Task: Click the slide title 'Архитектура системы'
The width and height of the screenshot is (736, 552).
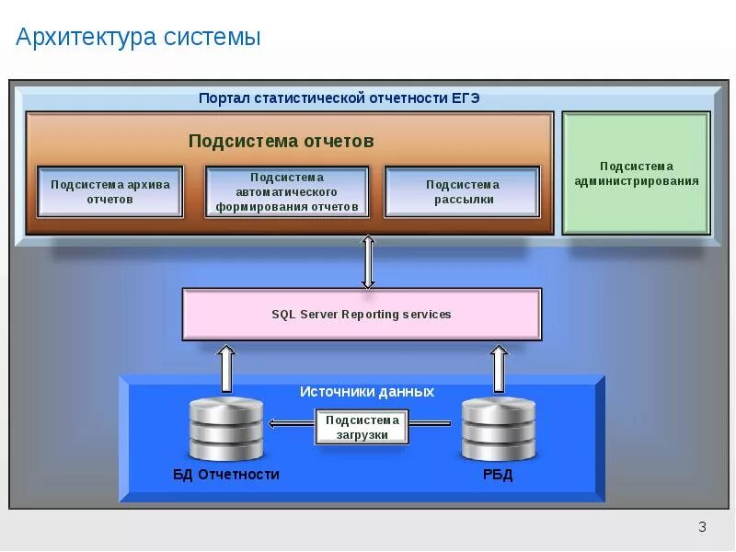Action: (x=138, y=38)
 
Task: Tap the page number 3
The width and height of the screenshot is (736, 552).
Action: (x=702, y=527)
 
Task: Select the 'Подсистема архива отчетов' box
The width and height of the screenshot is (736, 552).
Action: (x=110, y=191)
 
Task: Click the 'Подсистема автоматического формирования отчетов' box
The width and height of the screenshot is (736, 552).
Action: (x=287, y=191)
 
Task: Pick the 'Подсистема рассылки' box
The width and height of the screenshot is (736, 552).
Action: (x=462, y=191)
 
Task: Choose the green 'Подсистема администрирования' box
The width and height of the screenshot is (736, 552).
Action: (x=636, y=173)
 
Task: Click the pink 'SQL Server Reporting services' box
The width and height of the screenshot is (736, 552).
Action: (x=362, y=315)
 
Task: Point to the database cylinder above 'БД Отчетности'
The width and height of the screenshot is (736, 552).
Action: (x=225, y=429)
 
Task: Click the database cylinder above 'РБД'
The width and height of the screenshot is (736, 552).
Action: (x=498, y=429)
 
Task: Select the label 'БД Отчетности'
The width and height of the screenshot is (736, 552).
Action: (x=225, y=475)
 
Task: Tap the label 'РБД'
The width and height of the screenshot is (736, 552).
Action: (x=498, y=475)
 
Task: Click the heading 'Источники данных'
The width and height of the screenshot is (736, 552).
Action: (x=366, y=392)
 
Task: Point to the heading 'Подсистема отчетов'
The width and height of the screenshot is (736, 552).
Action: (x=281, y=141)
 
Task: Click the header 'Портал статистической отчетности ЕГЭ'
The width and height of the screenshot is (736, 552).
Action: (x=339, y=98)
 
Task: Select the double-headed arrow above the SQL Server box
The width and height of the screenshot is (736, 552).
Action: (x=368, y=262)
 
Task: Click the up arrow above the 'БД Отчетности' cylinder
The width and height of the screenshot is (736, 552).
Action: (x=225, y=367)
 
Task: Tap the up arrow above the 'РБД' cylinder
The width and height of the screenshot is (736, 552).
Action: (x=498, y=367)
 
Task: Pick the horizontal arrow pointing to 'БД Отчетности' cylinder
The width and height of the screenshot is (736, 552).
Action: (x=290, y=424)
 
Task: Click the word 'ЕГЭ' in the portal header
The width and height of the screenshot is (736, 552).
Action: (x=466, y=98)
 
